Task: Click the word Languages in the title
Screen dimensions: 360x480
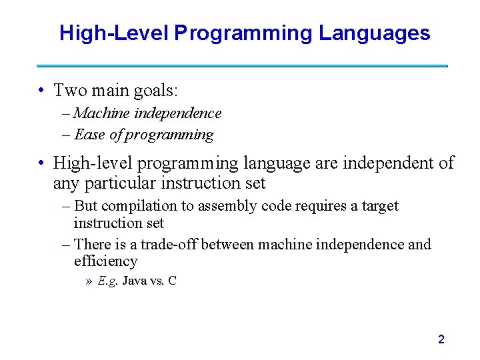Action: coord(374,33)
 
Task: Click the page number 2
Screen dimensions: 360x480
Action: coord(441,339)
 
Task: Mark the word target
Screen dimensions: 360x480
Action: coord(379,206)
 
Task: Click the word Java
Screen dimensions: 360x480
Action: coord(135,281)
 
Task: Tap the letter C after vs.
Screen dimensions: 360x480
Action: coord(172,281)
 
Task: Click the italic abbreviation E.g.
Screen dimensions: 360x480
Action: coord(108,281)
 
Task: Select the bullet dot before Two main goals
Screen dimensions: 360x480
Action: coord(41,90)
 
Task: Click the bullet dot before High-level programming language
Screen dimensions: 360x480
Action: coord(41,163)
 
